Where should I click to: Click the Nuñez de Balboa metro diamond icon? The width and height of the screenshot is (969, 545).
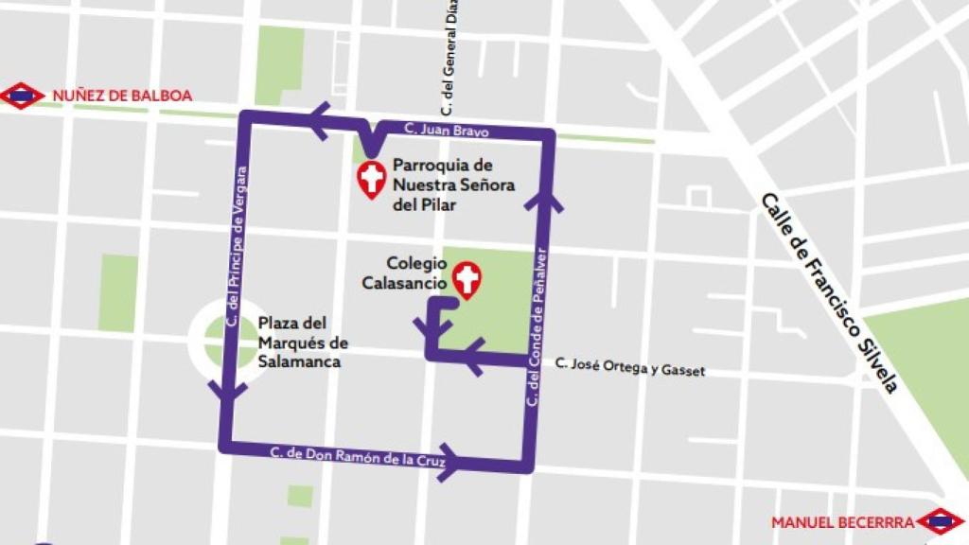pos(22,96)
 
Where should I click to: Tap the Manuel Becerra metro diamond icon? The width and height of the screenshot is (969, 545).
pos(941,520)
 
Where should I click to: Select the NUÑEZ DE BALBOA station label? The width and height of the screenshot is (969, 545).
pos(122,96)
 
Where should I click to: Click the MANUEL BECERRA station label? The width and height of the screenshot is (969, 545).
pos(842,521)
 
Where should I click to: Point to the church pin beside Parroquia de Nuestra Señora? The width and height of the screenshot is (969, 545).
pos(371,179)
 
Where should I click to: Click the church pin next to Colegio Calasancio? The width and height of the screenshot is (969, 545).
pos(467,279)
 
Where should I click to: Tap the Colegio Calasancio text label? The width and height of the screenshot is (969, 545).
pos(405,272)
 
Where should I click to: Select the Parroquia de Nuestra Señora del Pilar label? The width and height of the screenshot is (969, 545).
pos(454,185)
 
